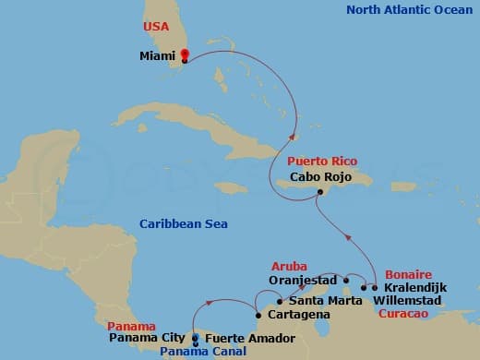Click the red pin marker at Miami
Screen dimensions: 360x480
185,54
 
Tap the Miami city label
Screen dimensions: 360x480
157,55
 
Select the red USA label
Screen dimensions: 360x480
156,27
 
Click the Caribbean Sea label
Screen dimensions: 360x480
184,224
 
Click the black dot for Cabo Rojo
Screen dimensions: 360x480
320,192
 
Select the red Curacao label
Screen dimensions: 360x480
403,314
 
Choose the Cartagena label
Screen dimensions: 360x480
298,315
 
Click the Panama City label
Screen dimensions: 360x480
149,338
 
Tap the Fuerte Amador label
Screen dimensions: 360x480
249,339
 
